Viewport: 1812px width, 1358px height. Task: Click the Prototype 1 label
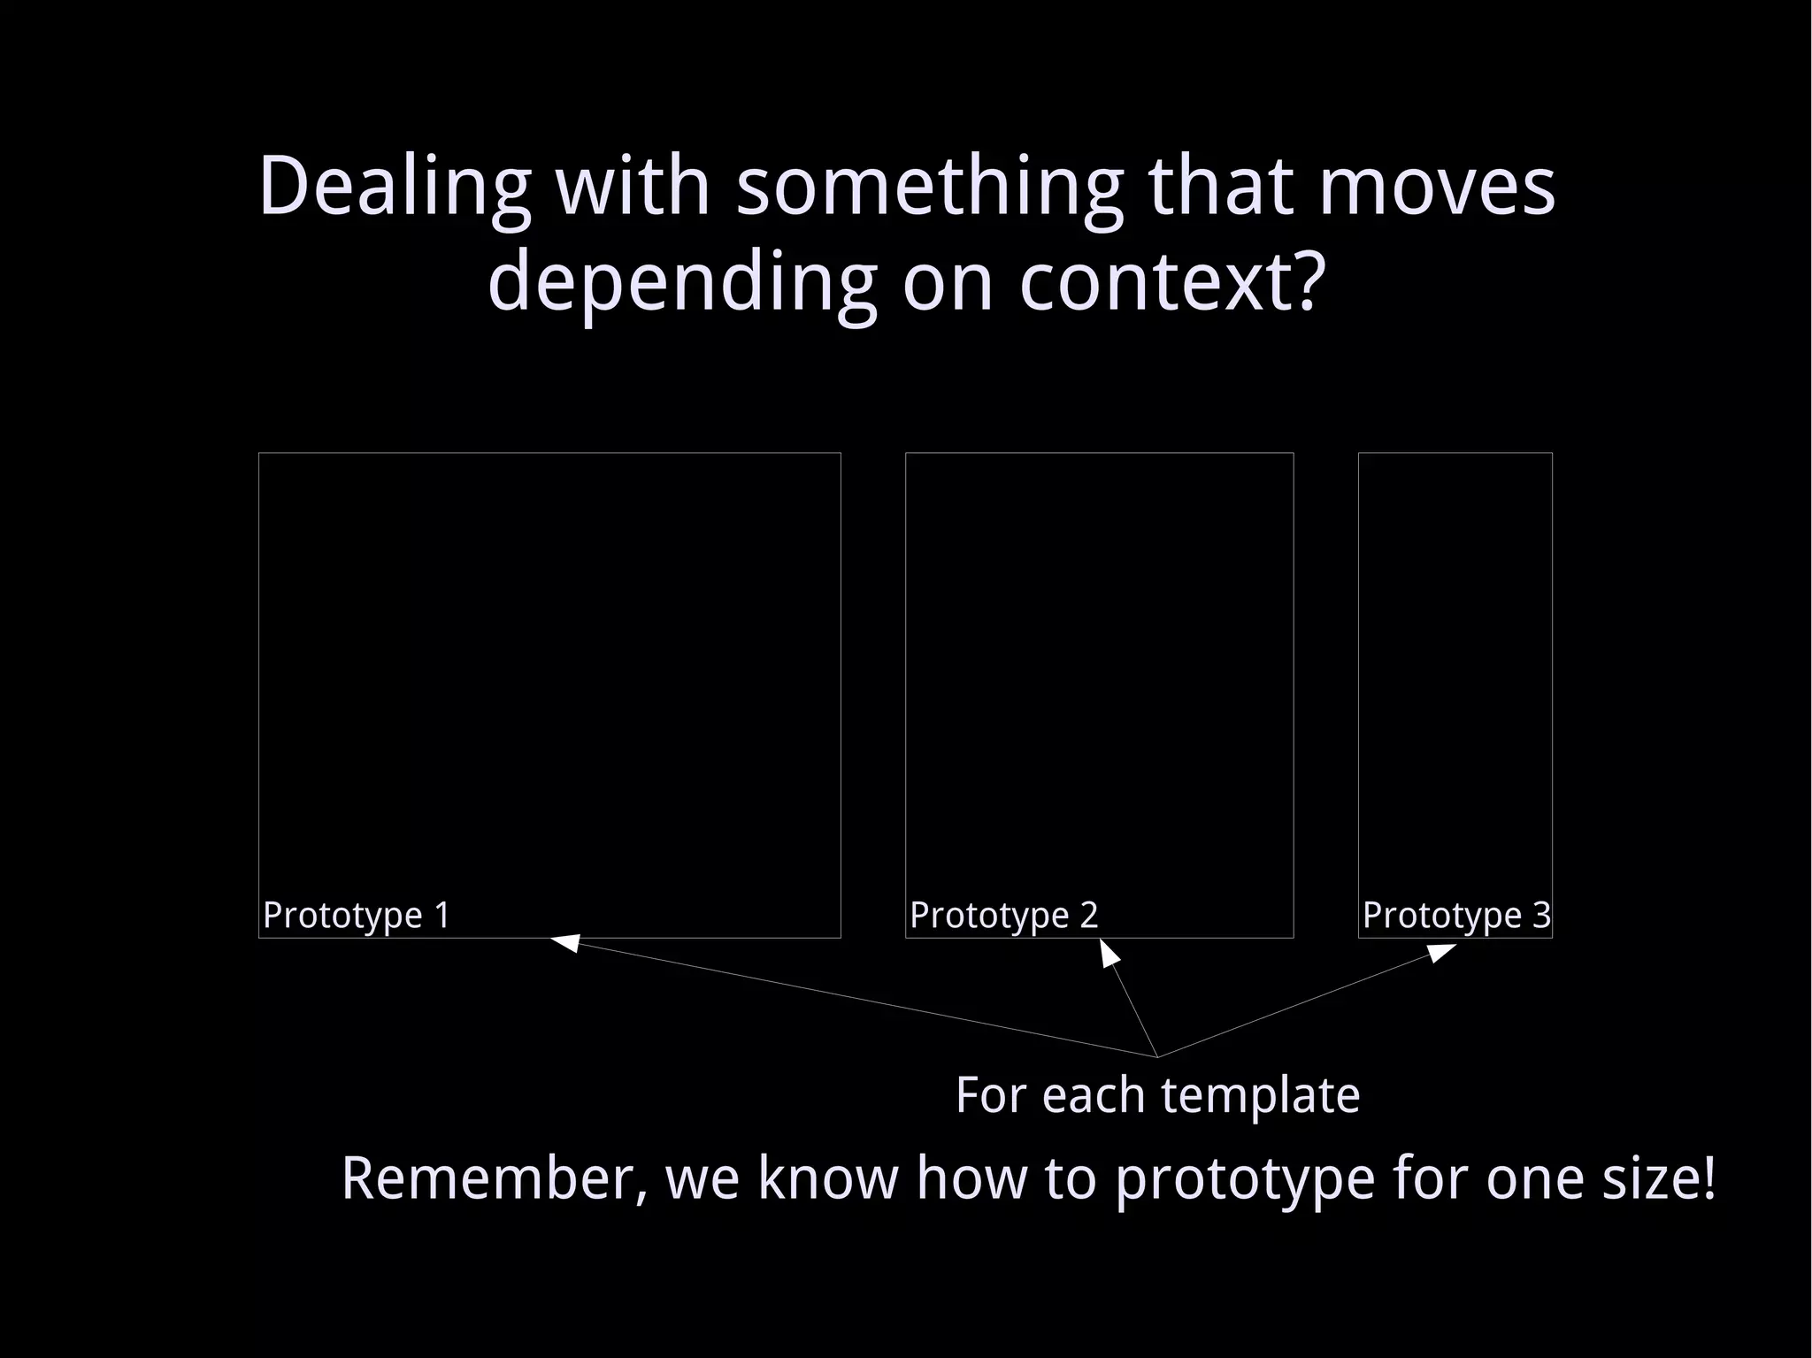(x=357, y=915)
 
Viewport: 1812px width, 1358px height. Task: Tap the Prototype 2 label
(x=1003, y=915)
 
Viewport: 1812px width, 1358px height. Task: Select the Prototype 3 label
(x=1455, y=915)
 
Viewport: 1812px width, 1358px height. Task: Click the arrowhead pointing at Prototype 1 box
(x=566, y=943)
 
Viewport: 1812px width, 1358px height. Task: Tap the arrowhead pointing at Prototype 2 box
(x=1109, y=953)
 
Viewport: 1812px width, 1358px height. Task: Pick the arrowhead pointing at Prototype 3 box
(x=1442, y=952)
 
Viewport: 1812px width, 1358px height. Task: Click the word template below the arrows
(x=1260, y=1095)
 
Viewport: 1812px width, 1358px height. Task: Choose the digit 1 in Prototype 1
(x=442, y=915)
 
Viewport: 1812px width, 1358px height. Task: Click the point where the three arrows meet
(x=1157, y=1056)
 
